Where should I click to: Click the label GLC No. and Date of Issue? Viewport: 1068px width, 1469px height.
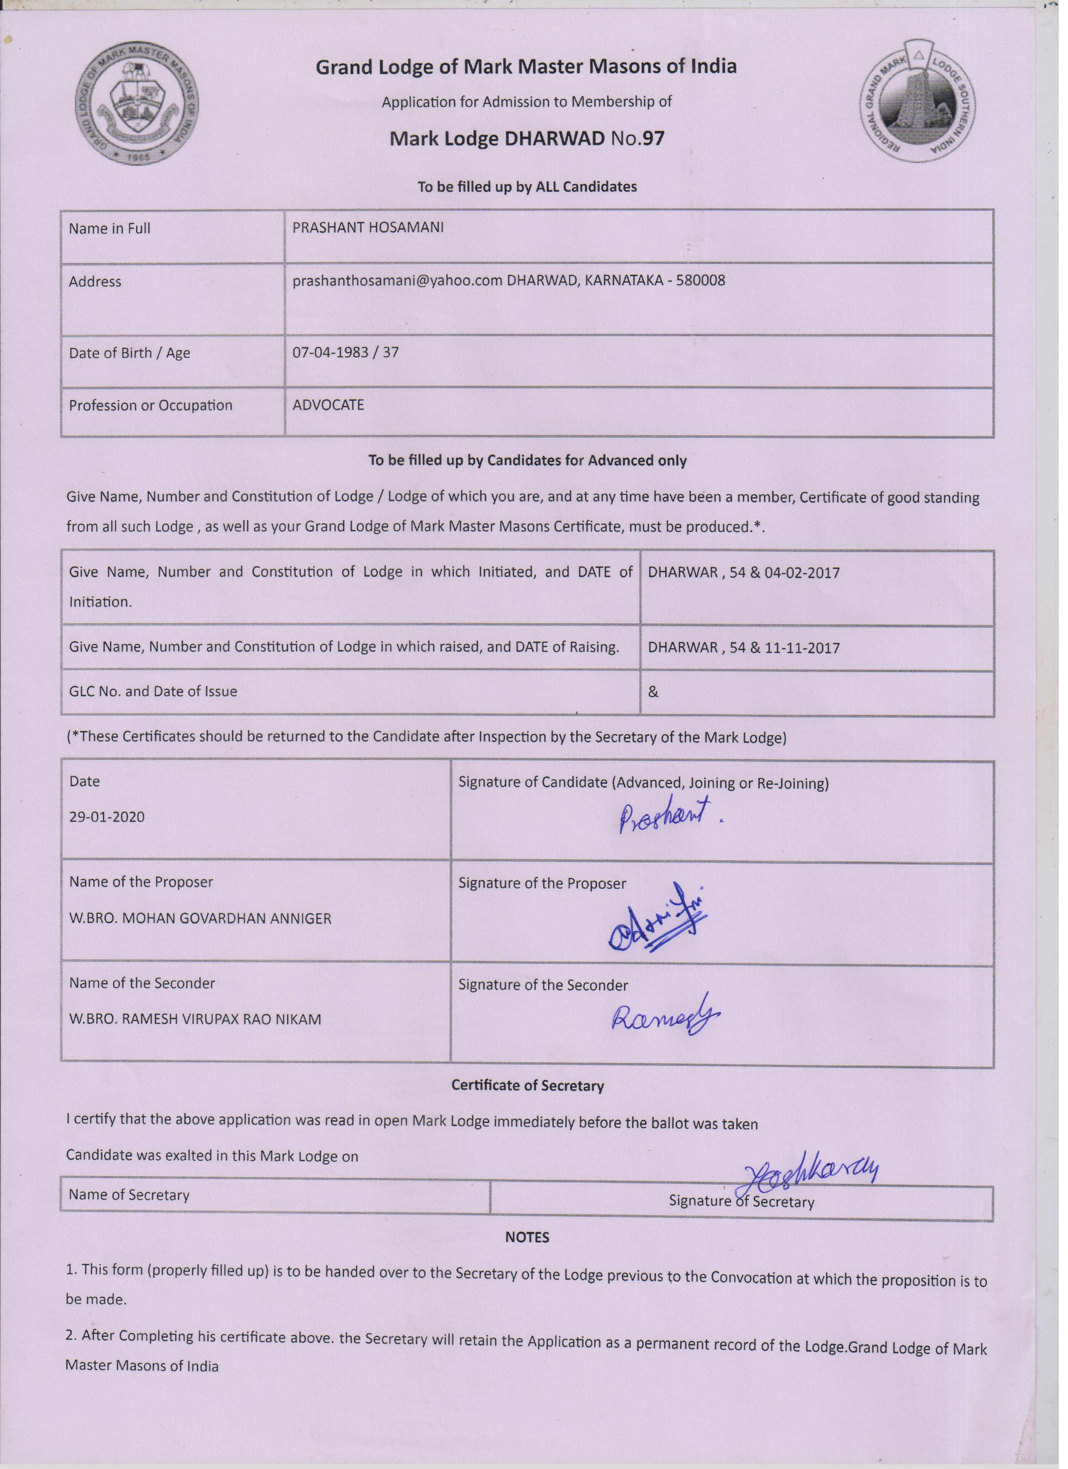[x=153, y=691]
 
